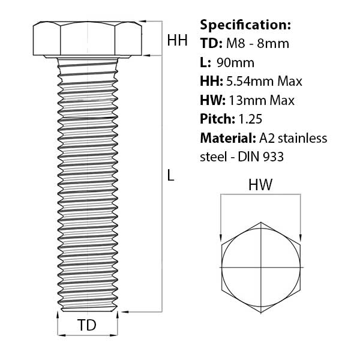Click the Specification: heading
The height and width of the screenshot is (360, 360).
point(245,25)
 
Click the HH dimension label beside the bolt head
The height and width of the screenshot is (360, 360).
point(177,41)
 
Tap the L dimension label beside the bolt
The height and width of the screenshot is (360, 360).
point(171,176)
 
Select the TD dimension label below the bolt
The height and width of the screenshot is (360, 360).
point(88,326)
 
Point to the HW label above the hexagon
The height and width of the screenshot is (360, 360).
point(260,185)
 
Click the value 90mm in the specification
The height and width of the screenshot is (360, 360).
point(235,62)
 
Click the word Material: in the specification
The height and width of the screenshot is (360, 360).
point(227,138)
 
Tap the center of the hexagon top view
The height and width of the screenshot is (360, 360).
point(261,266)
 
